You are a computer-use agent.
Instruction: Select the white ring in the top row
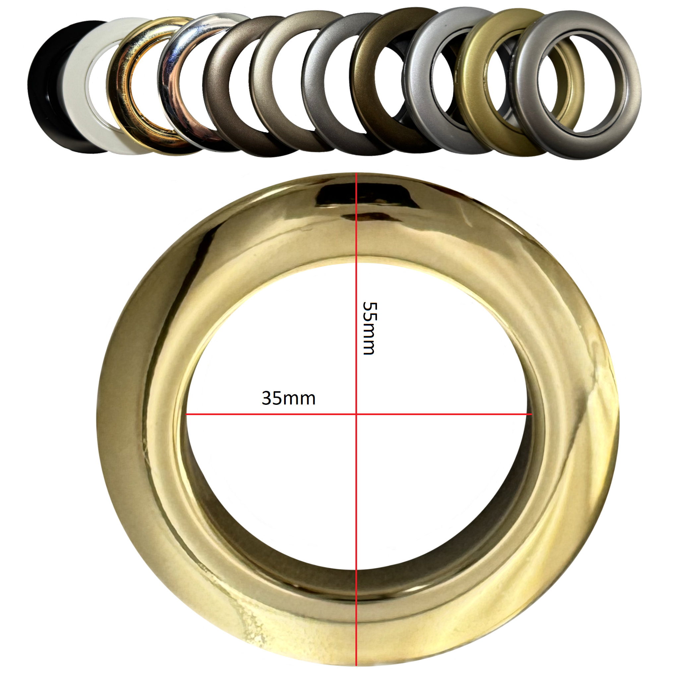point(79,88)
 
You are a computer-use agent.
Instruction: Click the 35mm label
point(288,399)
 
